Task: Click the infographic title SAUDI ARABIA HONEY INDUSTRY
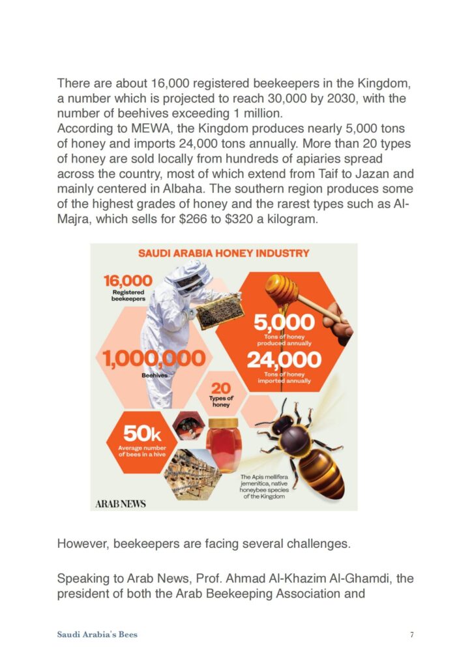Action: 224,252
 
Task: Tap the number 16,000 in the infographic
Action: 128,281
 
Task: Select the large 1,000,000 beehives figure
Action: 155,357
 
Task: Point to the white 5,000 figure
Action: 284,322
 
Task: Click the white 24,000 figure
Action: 284,359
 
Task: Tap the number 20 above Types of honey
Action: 221,389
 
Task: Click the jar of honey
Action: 224,445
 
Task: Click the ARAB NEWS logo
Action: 121,503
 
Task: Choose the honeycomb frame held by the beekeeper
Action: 219,312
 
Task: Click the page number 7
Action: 412,634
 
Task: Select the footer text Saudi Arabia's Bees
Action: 97,634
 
